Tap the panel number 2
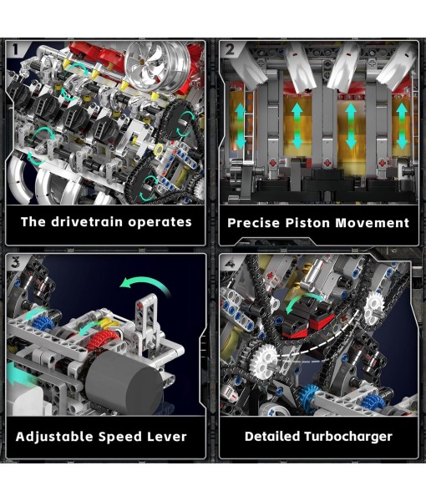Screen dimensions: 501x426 pos(230,49)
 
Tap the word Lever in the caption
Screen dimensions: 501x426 pos(165,437)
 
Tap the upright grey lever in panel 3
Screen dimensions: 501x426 pos(147,321)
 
